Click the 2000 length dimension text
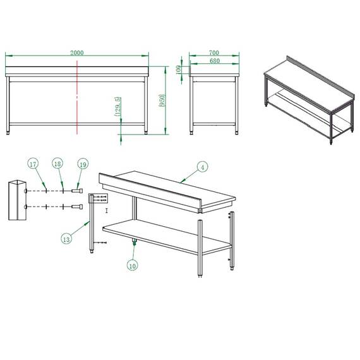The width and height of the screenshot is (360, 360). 77,53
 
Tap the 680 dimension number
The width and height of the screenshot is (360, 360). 215,61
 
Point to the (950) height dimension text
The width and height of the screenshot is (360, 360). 162,100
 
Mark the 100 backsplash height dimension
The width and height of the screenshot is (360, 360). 179,69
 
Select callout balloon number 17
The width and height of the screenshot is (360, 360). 33,165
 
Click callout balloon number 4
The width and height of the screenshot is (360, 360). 202,167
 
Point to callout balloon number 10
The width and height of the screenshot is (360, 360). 133,265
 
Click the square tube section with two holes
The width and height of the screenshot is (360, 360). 17,200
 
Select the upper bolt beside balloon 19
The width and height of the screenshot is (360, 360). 77,189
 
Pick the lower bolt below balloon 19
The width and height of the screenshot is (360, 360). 77,207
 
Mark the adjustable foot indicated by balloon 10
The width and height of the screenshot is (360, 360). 134,242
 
